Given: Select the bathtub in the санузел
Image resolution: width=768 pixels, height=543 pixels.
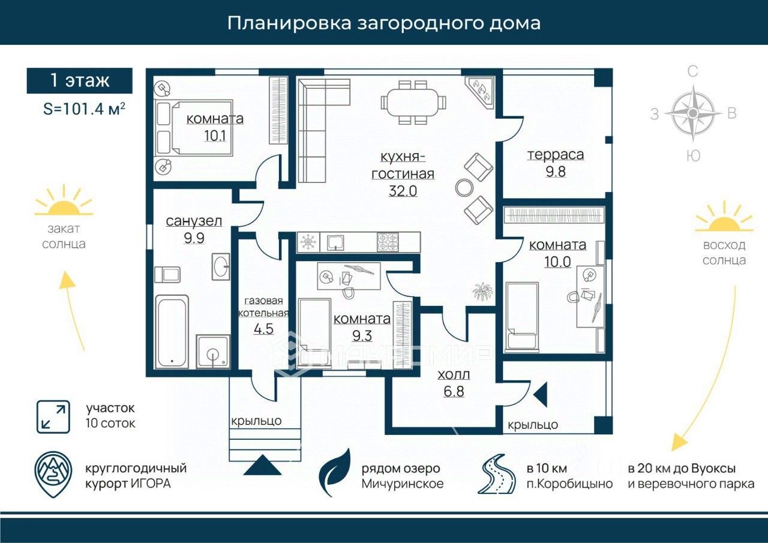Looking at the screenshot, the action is [172, 331].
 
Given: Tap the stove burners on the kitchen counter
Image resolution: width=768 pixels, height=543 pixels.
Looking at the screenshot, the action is [388, 242].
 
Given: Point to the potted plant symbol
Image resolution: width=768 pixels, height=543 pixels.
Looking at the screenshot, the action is [482, 292].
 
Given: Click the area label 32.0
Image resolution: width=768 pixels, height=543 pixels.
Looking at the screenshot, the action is [403, 191].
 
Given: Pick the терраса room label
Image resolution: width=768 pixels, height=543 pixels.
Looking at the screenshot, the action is [555, 155].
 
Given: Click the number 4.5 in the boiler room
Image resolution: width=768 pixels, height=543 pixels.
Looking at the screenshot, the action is [263, 329].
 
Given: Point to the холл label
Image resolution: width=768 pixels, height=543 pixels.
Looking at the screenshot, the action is [454, 375].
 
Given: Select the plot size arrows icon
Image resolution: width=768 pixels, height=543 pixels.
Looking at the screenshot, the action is [52, 416].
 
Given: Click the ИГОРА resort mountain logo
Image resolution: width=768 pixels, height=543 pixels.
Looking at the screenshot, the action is [52, 474].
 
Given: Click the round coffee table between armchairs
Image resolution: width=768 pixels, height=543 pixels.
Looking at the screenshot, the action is [464, 188].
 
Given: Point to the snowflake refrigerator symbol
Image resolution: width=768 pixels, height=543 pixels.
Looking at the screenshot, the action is [308, 242].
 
